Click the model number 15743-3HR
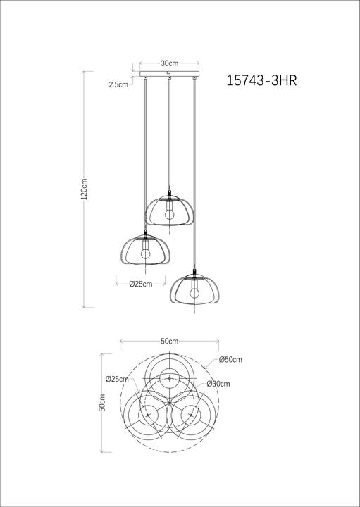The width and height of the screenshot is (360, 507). click(261, 80)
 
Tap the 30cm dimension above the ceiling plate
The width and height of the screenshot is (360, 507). click(170, 63)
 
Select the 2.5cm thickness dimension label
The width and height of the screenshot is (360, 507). click(118, 84)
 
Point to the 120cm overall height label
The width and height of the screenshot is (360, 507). click(84, 189)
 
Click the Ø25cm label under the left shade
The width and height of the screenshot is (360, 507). click(141, 284)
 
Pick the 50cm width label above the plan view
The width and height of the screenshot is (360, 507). click(170, 341)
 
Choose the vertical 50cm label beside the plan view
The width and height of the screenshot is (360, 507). click(102, 403)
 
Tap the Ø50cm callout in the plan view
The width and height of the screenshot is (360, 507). click(230, 360)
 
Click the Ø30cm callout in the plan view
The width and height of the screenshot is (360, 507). click(218, 384)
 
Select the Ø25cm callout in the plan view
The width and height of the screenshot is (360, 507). click(117, 379)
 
